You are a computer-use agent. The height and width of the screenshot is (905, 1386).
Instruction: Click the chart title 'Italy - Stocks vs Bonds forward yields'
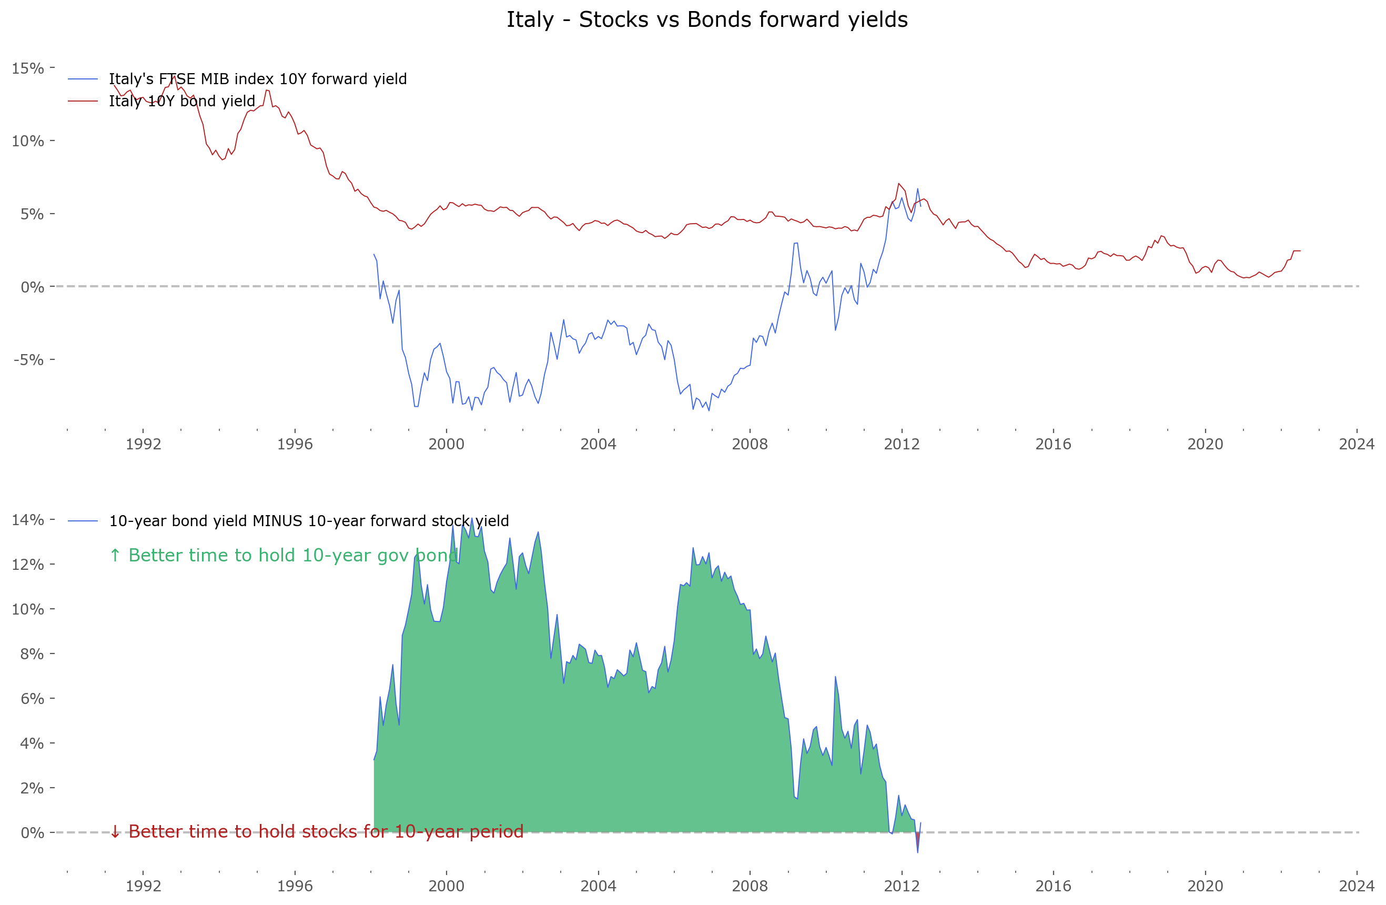click(x=706, y=20)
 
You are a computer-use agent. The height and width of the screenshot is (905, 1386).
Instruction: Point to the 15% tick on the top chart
click(x=28, y=68)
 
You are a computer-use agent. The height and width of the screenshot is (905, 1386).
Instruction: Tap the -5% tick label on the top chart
click(x=28, y=359)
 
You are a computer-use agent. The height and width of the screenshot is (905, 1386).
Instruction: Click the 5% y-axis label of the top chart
click(x=32, y=214)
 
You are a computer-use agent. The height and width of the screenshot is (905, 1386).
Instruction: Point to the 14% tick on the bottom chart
click(x=28, y=519)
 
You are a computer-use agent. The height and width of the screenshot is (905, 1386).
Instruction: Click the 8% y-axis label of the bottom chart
click(x=32, y=653)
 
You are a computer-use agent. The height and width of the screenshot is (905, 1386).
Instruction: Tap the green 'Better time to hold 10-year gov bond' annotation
click(x=284, y=555)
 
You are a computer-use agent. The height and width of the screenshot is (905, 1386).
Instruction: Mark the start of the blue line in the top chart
click(x=374, y=255)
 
